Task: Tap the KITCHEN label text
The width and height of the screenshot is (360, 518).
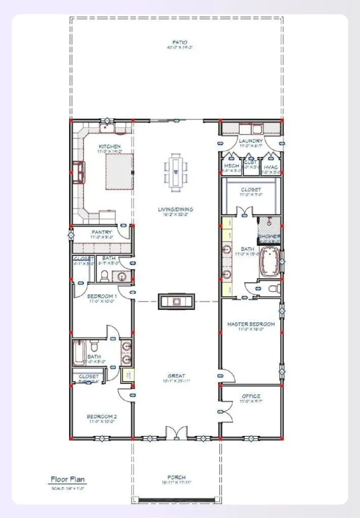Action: point(109,147)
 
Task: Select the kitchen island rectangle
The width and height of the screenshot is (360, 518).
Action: point(119,172)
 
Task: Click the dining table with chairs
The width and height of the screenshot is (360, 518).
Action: point(175,172)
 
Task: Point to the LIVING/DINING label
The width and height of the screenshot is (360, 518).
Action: point(175,209)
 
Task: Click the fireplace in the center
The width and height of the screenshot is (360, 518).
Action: point(176,301)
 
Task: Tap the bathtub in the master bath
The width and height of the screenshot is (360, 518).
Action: point(269,262)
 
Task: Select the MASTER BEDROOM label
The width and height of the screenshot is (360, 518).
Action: point(251,324)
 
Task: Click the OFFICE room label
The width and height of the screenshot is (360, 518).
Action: point(251,396)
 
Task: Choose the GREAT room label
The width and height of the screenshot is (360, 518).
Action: point(176,376)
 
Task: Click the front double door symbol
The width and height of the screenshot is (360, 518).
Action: point(176,434)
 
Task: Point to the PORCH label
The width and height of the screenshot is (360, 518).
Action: point(176,477)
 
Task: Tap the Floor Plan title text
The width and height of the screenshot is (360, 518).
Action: point(68,479)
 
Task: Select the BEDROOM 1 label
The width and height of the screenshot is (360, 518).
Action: point(102,296)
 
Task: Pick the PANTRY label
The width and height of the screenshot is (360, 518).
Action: point(102,232)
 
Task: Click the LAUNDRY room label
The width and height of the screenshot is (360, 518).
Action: point(251,141)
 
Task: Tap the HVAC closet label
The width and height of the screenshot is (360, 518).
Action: point(271,166)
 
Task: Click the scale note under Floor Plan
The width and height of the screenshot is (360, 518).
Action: point(67,488)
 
